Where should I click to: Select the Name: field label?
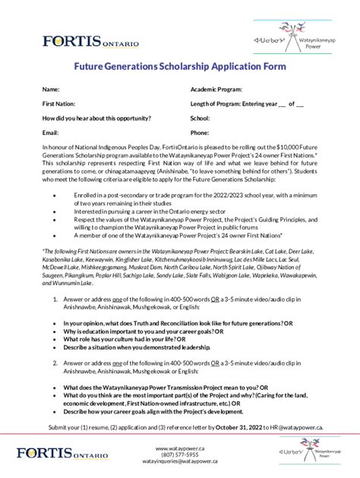click(51, 90)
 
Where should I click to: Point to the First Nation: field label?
click(58, 104)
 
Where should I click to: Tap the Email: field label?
click(51, 133)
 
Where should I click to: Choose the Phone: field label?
click(200, 133)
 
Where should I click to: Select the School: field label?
click(200, 118)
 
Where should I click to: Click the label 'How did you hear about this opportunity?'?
click(96, 118)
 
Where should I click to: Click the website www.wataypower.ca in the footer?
click(179, 449)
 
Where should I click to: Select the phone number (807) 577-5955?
click(179, 455)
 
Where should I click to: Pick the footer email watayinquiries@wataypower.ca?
click(179, 462)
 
